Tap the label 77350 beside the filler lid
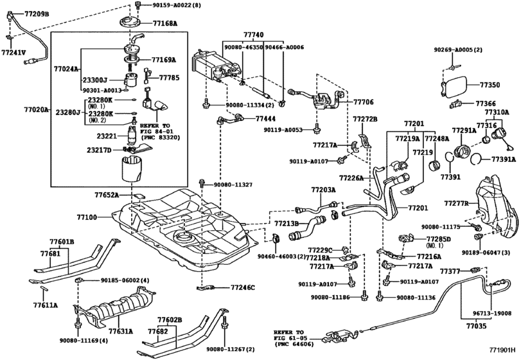(x=491, y=84)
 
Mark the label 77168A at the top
(x=164, y=22)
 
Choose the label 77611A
(x=46, y=305)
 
